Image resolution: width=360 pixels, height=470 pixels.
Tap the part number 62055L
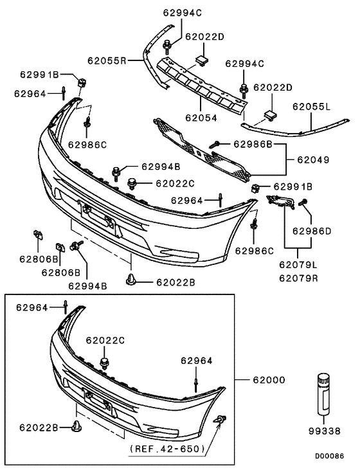click(x=312, y=107)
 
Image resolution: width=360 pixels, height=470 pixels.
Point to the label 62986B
click(x=253, y=143)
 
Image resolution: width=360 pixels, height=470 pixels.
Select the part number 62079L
click(x=298, y=264)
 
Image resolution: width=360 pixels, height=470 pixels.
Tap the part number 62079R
click(x=298, y=278)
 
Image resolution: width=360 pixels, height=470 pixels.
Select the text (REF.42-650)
click(x=167, y=447)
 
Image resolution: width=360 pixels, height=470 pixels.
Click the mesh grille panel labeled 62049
click(x=199, y=149)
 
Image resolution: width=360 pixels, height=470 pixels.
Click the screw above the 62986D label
click(x=303, y=203)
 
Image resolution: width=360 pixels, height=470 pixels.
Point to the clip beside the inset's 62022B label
click(x=76, y=426)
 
